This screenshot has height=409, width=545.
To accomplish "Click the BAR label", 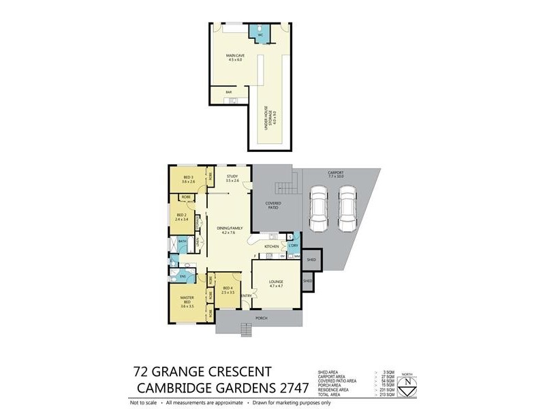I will pos(219,91).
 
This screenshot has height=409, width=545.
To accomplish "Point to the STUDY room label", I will pos(233,179).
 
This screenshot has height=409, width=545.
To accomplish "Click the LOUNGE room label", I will pos(275,283).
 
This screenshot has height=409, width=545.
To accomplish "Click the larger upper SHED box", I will pos(311,260).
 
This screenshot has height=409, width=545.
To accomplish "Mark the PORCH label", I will pos(261,318).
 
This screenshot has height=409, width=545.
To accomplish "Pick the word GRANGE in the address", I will pos(188,372).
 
